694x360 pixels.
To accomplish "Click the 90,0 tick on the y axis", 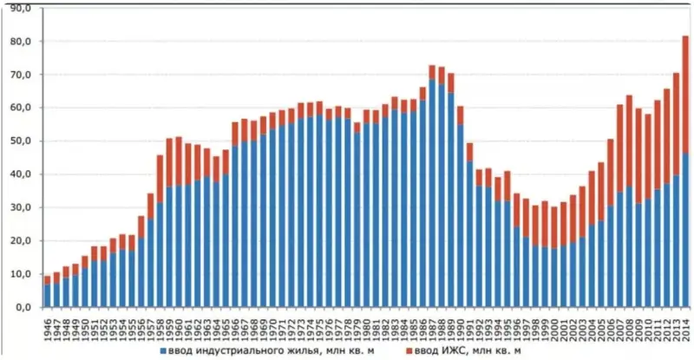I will click(x=20, y=8).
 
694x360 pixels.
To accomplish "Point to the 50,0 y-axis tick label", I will click(x=20, y=141).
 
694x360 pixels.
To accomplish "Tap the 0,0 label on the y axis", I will click(x=22, y=308).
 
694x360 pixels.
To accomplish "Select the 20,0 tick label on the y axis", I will click(x=20, y=241).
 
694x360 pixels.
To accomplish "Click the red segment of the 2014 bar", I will click(x=684, y=95).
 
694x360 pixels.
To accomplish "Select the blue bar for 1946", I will click(x=47, y=296).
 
